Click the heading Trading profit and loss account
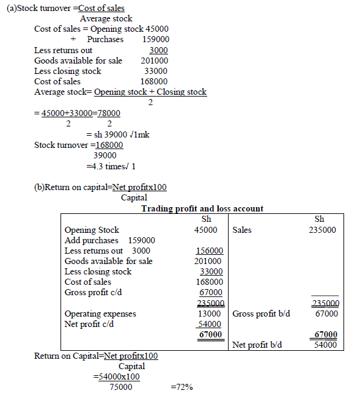coord(202,208)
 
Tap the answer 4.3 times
coord(110,166)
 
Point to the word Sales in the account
coord(242,230)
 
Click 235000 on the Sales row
coord(323,230)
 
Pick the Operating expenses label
coord(100,314)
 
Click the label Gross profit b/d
coord(261,314)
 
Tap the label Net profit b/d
coord(257,345)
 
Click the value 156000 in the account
coord(209,251)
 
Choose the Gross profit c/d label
coord(94,292)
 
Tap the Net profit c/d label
coord(90,324)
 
